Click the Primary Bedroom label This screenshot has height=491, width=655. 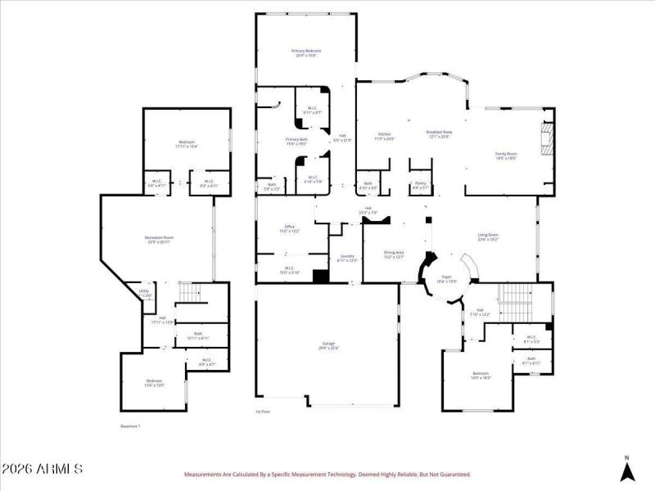[x=306, y=51]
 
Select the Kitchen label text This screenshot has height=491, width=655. [x=384, y=134]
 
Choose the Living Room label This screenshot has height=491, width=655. [x=488, y=236]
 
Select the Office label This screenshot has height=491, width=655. [x=289, y=227]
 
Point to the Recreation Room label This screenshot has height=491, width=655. [x=159, y=237]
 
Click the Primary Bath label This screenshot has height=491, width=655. [x=296, y=140]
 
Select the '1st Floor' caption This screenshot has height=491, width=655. [x=263, y=412]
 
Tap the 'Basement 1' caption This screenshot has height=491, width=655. [x=131, y=426]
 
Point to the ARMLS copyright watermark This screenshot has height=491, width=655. [x=43, y=470]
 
